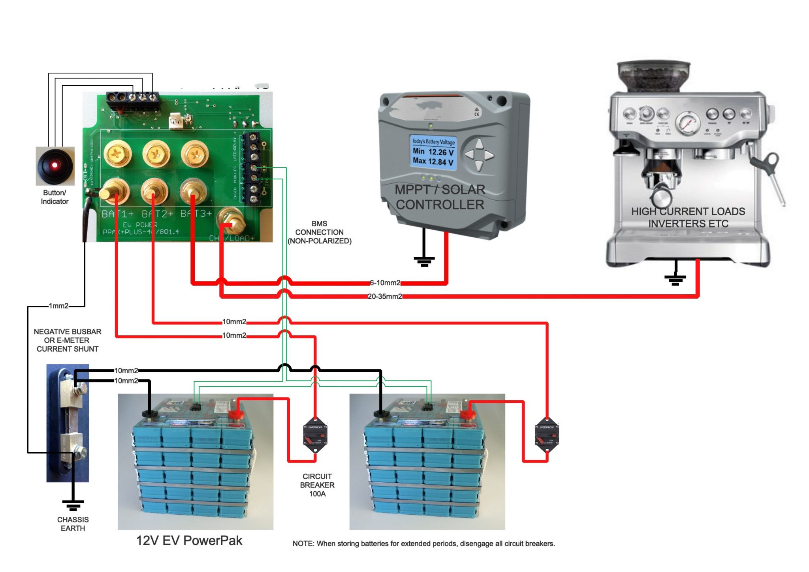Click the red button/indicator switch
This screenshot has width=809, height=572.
(55, 166)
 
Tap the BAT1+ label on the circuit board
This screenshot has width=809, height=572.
(117, 214)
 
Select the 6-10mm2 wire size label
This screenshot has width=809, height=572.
(385, 283)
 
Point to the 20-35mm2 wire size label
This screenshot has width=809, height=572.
(385, 296)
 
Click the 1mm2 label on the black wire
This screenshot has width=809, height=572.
(58, 306)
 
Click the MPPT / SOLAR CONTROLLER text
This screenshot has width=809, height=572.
(440, 197)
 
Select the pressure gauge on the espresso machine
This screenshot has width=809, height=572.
(688, 122)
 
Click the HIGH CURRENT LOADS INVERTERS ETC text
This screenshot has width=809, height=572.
(688, 217)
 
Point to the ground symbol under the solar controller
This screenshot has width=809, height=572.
(424, 261)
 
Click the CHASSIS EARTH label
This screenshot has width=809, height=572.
(73, 524)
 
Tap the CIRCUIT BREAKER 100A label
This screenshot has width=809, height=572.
(317, 485)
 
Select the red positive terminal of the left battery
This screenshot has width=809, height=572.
(236, 414)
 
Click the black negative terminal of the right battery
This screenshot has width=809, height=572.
(381, 414)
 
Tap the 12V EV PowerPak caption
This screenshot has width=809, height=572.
(189, 540)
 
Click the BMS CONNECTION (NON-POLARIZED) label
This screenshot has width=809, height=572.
(319, 232)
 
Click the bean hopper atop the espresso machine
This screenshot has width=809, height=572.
(654, 77)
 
